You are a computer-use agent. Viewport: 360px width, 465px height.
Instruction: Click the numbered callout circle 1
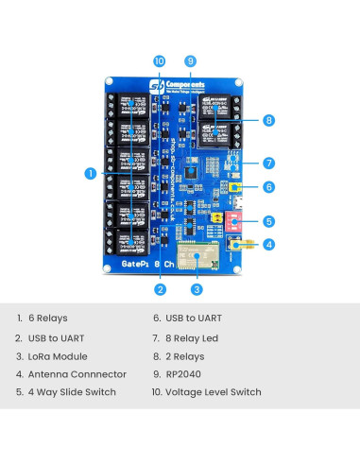click(x=91, y=173)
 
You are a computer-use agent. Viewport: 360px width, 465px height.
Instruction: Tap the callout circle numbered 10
click(x=159, y=60)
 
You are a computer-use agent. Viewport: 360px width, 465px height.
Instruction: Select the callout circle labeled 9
click(x=190, y=60)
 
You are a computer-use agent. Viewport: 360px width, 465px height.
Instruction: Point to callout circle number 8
click(x=269, y=120)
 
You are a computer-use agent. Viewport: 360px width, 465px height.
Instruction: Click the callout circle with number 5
click(x=269, y=221)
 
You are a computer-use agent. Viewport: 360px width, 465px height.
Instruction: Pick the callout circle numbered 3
click(x=197, y=289)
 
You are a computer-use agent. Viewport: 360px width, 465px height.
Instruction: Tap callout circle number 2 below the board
click(x=161, y=289)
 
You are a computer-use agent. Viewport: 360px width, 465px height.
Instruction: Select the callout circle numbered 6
click(x=269, y=187)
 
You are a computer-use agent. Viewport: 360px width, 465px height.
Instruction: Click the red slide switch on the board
click(x=231, y=221)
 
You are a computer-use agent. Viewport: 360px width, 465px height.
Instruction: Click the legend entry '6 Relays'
click(x=47, y=319)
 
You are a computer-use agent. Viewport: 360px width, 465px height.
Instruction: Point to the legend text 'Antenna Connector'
click(x=76, y=374)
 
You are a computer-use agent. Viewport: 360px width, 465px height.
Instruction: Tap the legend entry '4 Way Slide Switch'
click(x=72, y=392)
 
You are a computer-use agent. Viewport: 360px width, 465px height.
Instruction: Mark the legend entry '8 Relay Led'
click(x=197, y=337)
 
